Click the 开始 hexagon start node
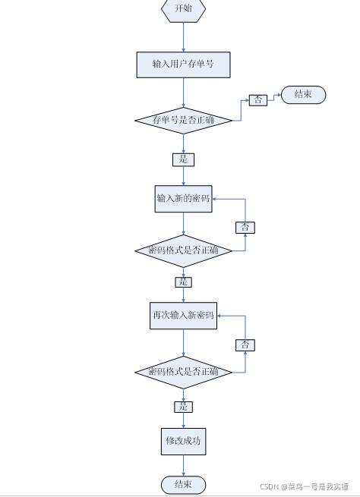(183, 9)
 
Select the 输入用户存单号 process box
(183, 64)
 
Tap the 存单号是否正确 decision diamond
(183, 120)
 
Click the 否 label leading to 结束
(257, 100)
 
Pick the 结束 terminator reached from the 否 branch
(304, 95)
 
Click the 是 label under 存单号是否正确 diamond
(183, 160)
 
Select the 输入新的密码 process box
(183, 198)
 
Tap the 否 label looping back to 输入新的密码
(245, 227)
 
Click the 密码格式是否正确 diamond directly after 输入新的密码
(183, 250)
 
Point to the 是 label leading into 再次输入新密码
(183, 282)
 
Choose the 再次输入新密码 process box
(183, 315)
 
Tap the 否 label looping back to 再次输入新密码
(245, 345)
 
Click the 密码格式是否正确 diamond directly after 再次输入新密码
(183, 372)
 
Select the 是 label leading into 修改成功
(183, 407)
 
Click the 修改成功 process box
(183, 441)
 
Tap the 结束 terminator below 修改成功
(183, 484)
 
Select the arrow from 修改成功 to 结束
(183, 465)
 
